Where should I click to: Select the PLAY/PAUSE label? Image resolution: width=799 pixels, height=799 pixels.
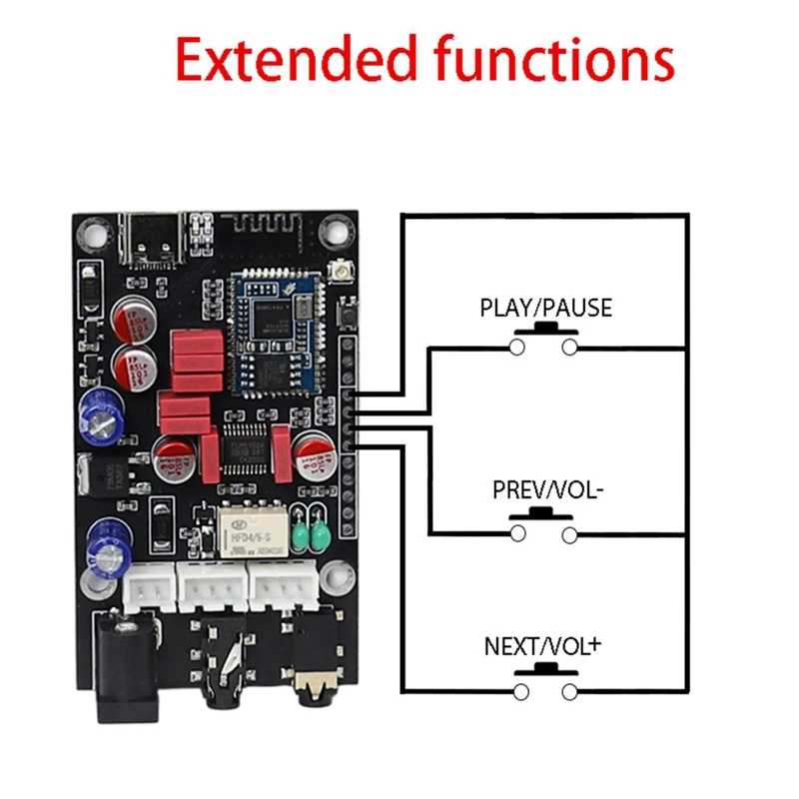(x=545, y=308)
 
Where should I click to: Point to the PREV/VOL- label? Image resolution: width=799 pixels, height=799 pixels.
(x=545, y=490)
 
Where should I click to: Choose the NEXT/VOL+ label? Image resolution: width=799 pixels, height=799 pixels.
(x=545, y=646)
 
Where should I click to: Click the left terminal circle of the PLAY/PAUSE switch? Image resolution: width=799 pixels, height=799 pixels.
(x=517, y=348)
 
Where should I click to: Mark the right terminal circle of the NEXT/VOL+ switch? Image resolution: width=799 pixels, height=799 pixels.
(x=570, y=692)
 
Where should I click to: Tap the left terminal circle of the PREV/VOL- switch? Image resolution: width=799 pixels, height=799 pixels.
(x=517, y=535)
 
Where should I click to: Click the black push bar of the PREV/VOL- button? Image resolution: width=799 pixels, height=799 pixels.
(x=544, y=514)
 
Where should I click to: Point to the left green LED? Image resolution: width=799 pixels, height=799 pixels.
(x=302, y=539)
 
